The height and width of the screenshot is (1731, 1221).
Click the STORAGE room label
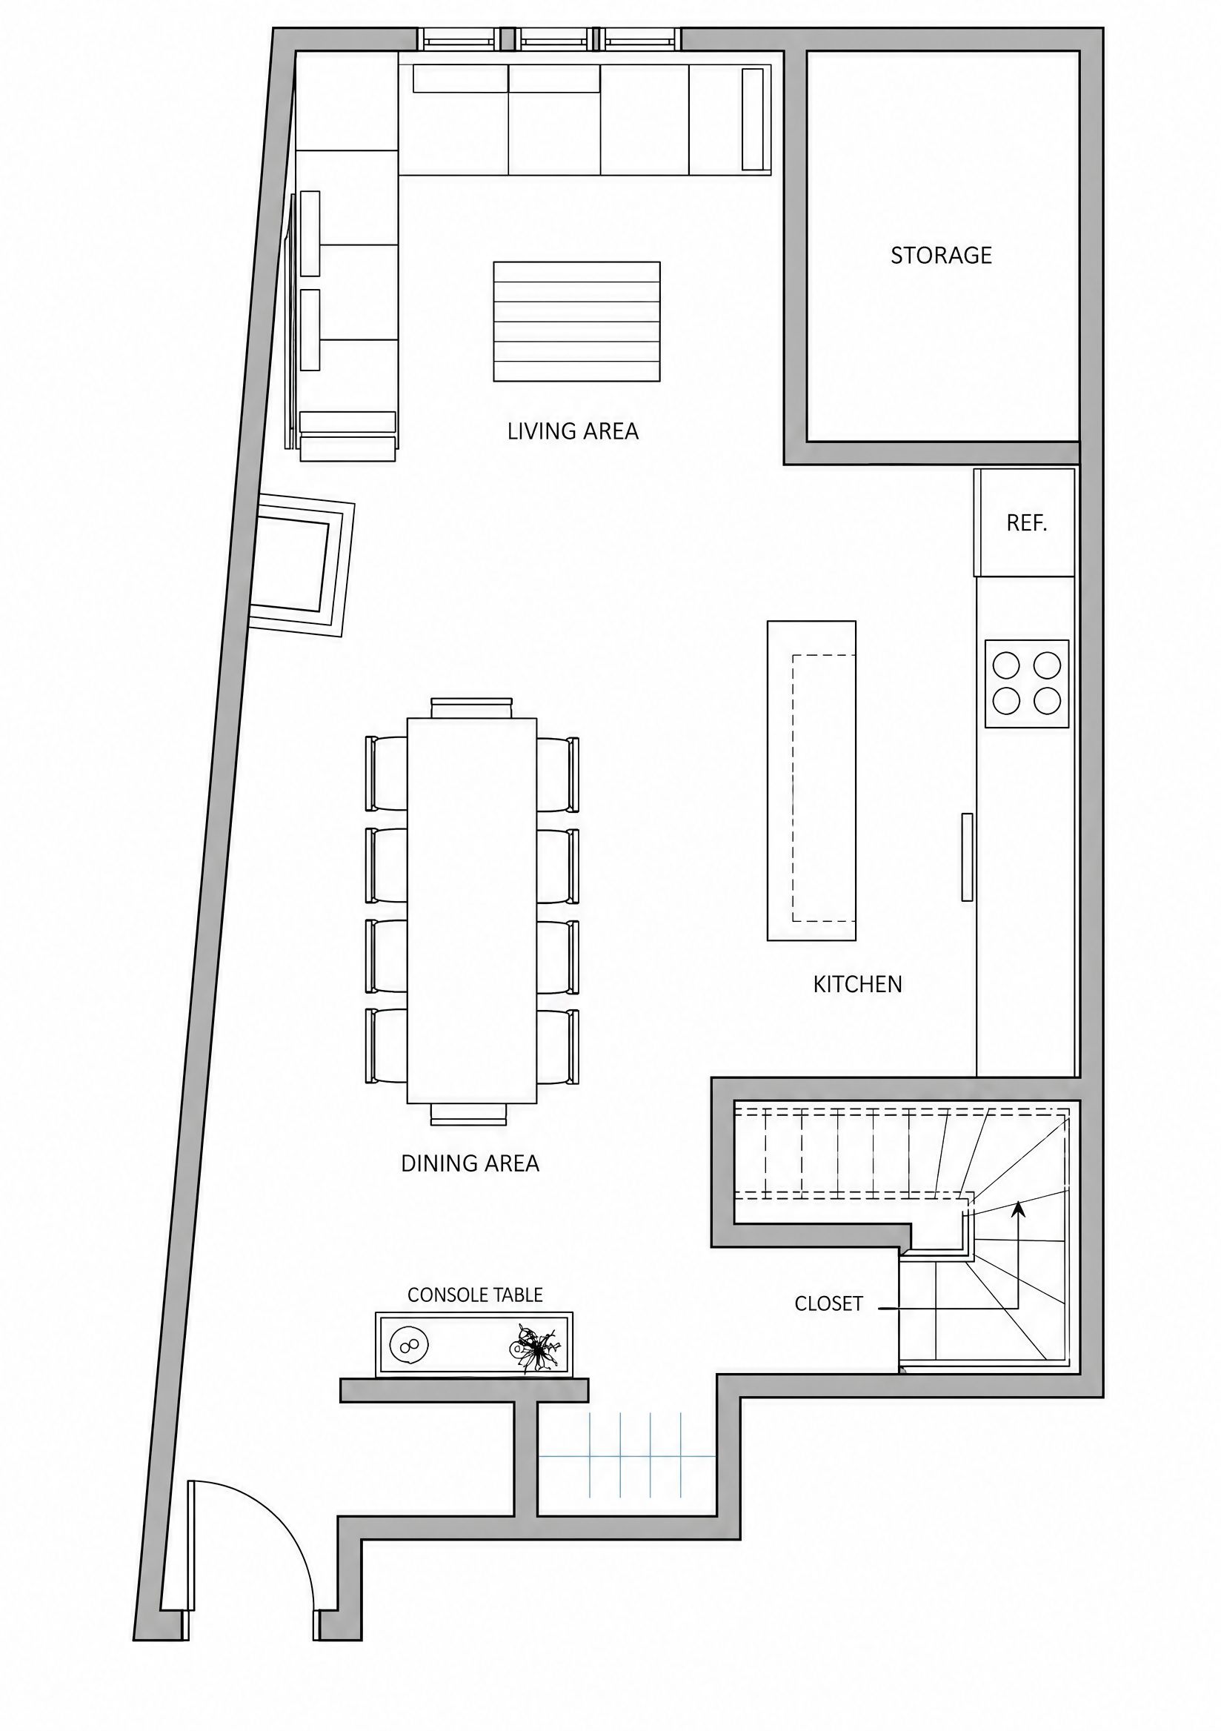pos(941,256)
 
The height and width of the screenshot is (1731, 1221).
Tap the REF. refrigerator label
pos(1027,523)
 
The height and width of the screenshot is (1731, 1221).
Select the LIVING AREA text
pos(573,431)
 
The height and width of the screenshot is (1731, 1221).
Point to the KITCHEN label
pos(857,984)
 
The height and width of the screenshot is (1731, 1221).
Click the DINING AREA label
pos(470,1163)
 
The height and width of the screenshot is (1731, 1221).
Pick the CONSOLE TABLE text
pos(475,1295)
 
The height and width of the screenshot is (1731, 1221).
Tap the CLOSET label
pos(828,1303)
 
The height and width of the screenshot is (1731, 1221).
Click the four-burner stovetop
pos(1027,684)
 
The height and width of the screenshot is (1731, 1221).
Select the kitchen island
pos(811,780)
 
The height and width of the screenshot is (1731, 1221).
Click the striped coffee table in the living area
pos(576,321)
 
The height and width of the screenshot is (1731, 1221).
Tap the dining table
pos(472,910)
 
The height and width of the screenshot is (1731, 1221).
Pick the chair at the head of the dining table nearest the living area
pos(472,707)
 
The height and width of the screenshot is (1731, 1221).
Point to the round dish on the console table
pos(409,1346)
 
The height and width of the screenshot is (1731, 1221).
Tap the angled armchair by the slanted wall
pos(300,565)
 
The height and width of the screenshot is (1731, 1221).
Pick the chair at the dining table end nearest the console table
pos(469,1114)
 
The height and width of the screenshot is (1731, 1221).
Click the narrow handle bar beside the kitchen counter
pos(967,857)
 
